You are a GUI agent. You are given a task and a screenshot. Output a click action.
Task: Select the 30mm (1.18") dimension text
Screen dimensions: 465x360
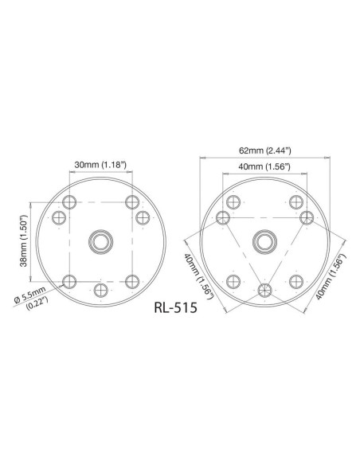point(100,164)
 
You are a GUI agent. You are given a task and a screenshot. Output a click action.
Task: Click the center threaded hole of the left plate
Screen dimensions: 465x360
point(100,240)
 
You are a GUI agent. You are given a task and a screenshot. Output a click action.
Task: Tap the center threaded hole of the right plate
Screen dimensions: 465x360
point(264,240)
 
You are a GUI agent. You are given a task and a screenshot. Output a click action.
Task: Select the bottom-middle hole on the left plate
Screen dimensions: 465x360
point(100,288)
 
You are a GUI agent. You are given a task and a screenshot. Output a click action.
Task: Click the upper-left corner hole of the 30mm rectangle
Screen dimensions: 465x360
point(69,201)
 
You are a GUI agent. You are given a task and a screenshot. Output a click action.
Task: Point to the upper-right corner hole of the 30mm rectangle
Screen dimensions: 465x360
point(131,201)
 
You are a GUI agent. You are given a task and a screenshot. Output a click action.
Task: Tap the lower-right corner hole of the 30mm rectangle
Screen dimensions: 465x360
point(131,280)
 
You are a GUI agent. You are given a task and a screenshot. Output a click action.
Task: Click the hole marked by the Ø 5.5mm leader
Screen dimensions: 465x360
point(69,280)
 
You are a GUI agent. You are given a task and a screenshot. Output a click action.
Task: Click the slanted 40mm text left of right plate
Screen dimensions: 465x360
point(196,275)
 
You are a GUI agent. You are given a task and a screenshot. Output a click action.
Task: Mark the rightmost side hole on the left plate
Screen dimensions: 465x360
point(142,217)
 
